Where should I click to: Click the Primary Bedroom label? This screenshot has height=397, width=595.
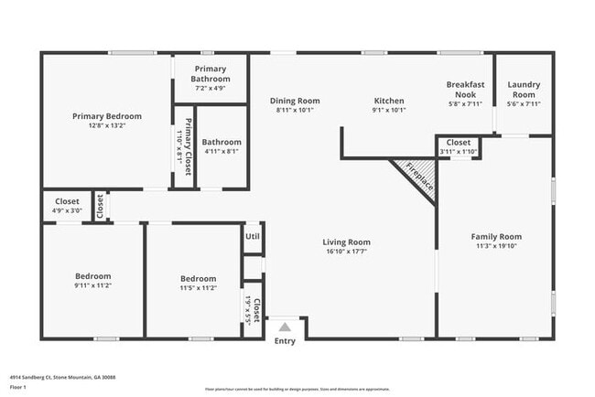pos(107,116)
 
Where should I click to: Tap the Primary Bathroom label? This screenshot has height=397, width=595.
pos(210,74)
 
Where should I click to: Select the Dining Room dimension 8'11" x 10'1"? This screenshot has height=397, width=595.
pos(294,111)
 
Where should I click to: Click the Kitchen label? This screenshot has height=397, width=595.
pos(389,101)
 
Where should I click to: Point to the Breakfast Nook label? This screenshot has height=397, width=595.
pos(464,89)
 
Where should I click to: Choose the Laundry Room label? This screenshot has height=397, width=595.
pos(523,89)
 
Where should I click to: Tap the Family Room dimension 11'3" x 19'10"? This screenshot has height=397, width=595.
pos(496,246)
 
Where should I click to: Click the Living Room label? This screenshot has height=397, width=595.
pos(346,242)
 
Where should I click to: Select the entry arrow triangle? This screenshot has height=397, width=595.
pos(285,327)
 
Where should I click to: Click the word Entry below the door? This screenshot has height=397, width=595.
pos(285,341)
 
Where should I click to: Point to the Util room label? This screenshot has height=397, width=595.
pos(252,237)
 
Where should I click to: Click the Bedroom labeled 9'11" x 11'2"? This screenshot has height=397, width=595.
pos(92,276)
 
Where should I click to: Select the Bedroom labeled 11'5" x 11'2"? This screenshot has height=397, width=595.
pos(198,279)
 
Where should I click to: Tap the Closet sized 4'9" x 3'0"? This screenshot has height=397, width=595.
pos(67,201)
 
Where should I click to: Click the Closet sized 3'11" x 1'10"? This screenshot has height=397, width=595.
pos(459,143)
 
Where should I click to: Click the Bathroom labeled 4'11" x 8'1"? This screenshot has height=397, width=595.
pos(221,142)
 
